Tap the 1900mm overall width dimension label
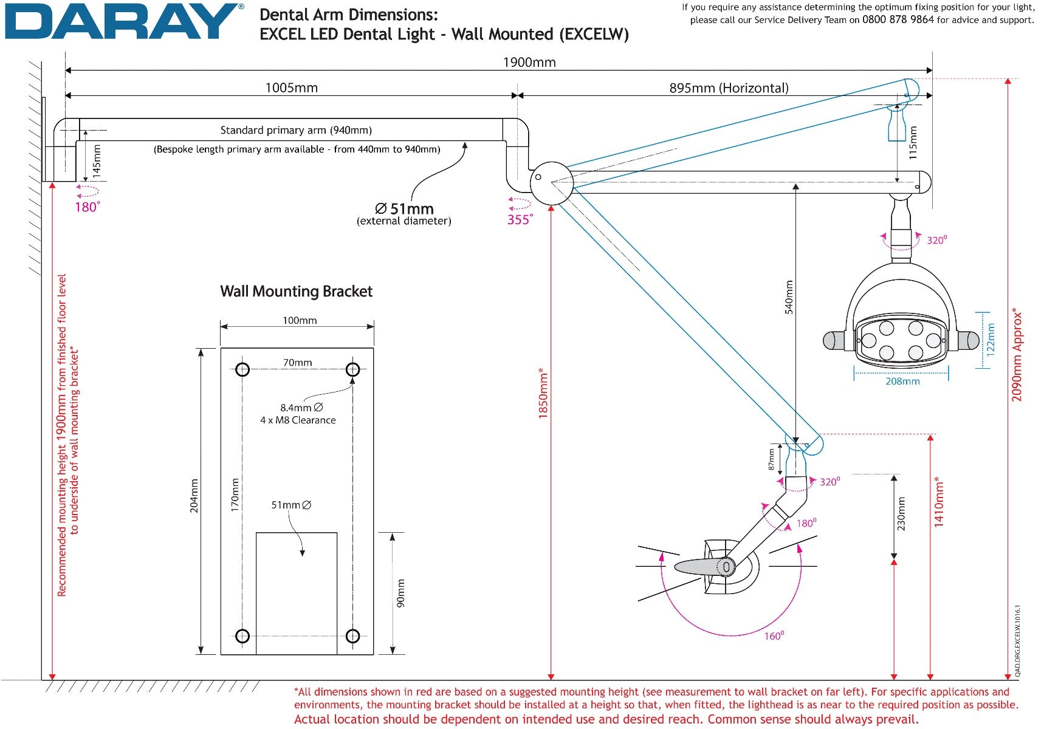tap(529, 62)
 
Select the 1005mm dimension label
tap(291, 87)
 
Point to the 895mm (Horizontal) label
tap(729, 88)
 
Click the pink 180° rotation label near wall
tap(87, 207)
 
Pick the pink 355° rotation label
tap(520, 219)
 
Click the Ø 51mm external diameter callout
tap(404, 213)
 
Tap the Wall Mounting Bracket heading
tap(296, 291)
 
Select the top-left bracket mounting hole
tap(242, 369)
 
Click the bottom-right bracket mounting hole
tap(352, 636)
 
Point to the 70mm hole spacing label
tap(297, 363)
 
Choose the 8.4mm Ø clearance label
tap(301, 408)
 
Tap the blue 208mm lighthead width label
tap(902, 382)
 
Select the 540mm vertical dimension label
tap(789, 296)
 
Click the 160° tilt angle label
tap(774, 636)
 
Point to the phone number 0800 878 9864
tap(898, 19)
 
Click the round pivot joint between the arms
tap(551, 182)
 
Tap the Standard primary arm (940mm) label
tap(296, 130)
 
